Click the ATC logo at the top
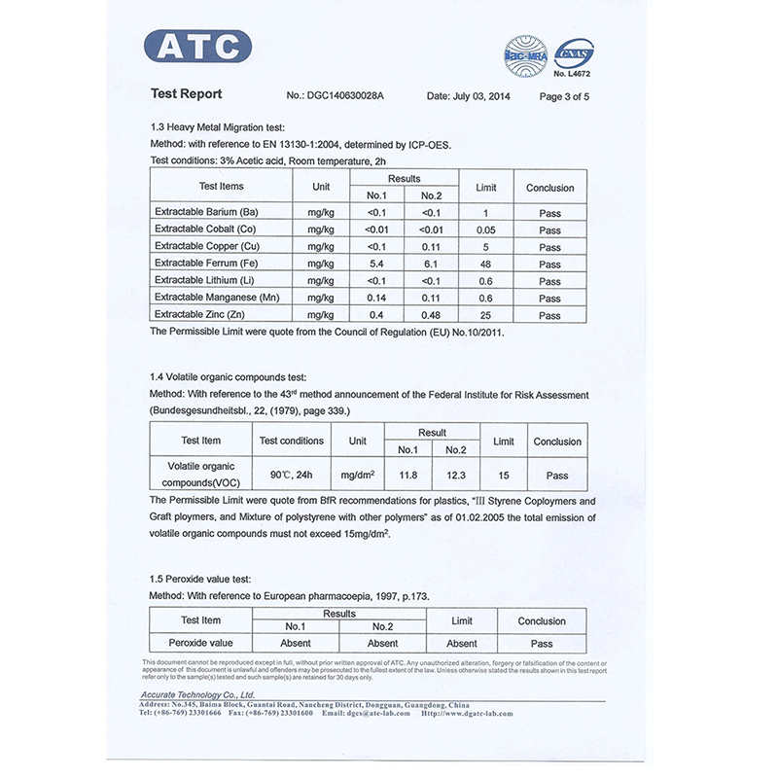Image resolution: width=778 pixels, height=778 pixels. click(197, 47)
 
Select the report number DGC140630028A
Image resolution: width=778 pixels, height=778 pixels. click(346, 96)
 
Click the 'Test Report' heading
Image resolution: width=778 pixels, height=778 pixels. click(187, 94)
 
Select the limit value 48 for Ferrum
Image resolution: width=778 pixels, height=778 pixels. click(485, 264)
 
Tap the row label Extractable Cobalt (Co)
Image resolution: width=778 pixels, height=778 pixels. click(205, 230)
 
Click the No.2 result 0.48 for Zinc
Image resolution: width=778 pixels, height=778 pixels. click(431, 315)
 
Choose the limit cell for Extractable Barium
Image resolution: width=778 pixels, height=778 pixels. click(485, 213)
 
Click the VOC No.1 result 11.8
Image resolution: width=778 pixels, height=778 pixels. click(408, 475)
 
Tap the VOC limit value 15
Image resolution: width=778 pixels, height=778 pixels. click(504, 475)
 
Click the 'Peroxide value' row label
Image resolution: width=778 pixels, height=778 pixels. click(201, 643)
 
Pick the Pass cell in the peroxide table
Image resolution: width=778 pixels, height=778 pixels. click(542, 643)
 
